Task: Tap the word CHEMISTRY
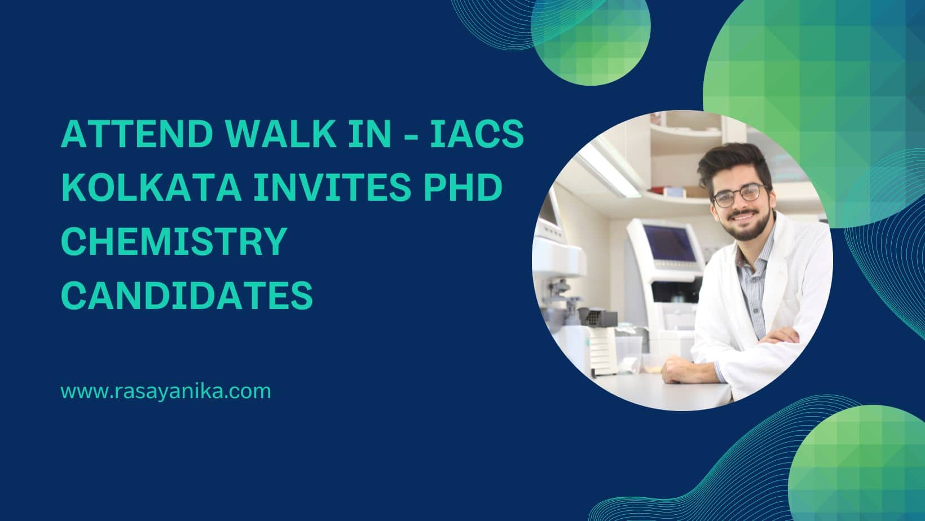click(x=174, y=241)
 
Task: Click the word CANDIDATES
click(x=187, y=295)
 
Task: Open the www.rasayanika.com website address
click(x=166, y=391)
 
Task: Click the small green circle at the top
click(x=591, y=37)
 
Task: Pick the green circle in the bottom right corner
click(x=857, y=463)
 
